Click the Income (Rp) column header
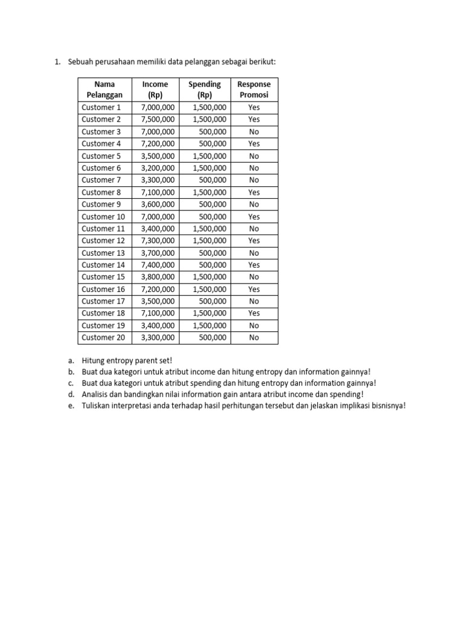[155, 89]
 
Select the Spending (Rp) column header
[204, 89]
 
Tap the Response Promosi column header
[254, 89]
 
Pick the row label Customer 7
[101, 180]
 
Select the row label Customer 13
[103, 253]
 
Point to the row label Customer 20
[103, 337]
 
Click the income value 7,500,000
[158, 119]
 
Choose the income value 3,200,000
[158, 168]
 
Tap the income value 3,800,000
[158, 277]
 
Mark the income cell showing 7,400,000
[158, 265]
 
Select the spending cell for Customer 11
[210, 228]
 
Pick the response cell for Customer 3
[254, 132]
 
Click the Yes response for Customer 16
[254, 289]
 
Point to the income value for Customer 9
[158, 204]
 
